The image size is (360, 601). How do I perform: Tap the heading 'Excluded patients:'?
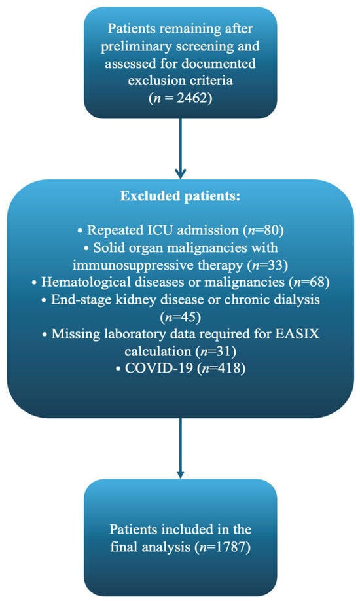click(180, 196)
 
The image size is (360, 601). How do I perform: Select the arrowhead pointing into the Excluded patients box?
click(180, 173)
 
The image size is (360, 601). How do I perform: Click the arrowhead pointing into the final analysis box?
click(180, 474)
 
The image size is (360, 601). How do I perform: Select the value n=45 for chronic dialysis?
click(180, 317)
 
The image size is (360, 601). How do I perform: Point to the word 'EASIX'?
click(298, 333)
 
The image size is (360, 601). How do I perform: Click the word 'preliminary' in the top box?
click(135, 46)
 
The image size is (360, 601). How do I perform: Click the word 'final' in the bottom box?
click(124, 546)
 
